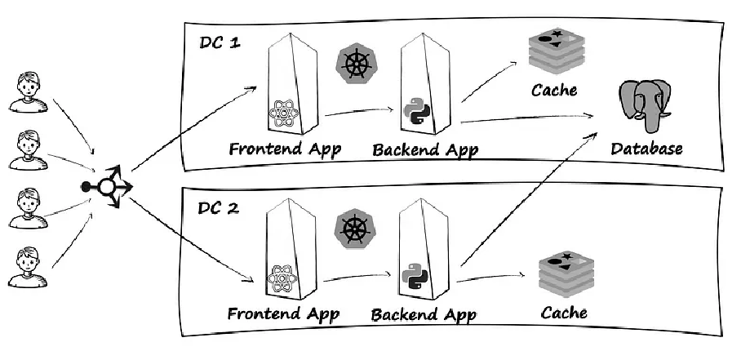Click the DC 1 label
pyautogui.click(x=220, y=42)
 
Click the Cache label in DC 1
pyautogui.click(x=554, y=90)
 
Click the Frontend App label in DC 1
pyautogui.click(x=284, y=149)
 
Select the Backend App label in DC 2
pyautogui.click(x=423, y=314)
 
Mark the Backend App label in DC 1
pyautogui.click(x=424, y=150)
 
